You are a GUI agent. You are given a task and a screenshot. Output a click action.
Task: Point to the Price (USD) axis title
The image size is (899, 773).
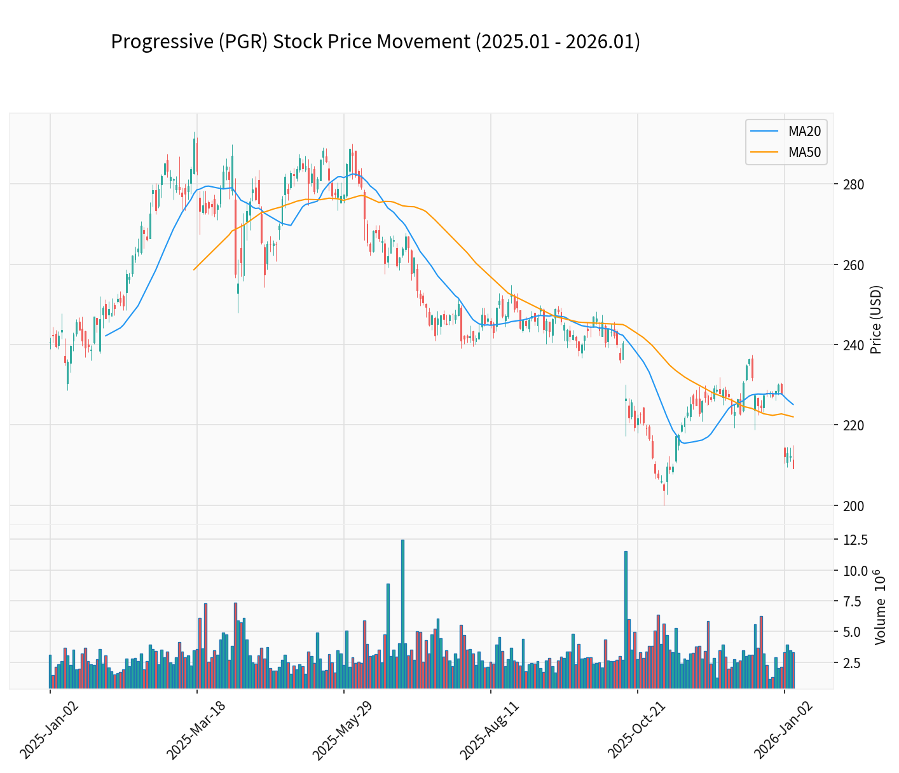[x=876, y=320]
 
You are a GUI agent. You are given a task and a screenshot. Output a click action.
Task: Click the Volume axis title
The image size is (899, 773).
[x=880, y=607]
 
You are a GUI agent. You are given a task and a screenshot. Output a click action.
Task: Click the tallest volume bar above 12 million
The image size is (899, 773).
[x=402, y=613]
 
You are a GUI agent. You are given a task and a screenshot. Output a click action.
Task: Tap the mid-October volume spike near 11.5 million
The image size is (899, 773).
[x=626, y=620]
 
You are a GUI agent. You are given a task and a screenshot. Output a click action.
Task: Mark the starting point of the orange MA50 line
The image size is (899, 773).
[x=194, y=270]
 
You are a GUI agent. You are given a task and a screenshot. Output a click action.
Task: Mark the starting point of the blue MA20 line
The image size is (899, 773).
[x=106, y=336]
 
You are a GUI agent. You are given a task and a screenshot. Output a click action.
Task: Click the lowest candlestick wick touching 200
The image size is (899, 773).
[x=664, y=503]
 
